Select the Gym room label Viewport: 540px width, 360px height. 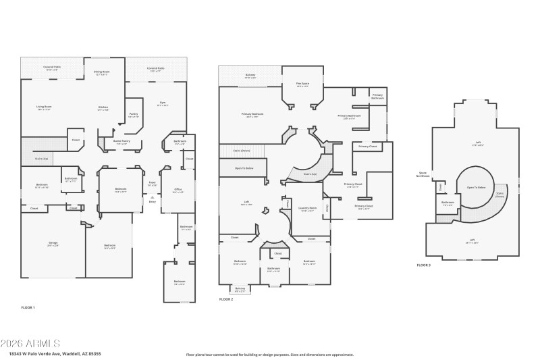(x=162, y=104)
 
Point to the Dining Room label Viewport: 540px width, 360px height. (x=101, y=72)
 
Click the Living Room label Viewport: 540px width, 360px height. (x=44, y=107)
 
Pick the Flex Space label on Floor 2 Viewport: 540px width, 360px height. (x=302, y=85)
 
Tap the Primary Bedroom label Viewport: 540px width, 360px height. (x=252, y=115)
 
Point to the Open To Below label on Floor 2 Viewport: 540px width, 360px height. (x=244, y=168)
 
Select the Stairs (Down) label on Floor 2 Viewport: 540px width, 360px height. (x=242, y=151)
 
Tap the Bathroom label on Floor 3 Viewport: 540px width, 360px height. (x=448, y=202)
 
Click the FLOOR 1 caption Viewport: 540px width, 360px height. (x=28, y=307)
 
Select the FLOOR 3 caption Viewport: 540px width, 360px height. (x=424, y=265)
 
